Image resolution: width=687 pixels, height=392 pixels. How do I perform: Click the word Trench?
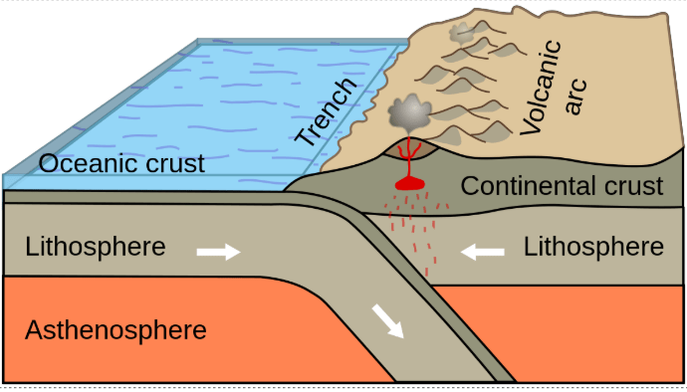(x=326, y=112)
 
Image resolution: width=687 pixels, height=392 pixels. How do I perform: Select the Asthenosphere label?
(x=115, y=329)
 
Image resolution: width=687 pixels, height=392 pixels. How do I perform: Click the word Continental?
(x=529, y=186)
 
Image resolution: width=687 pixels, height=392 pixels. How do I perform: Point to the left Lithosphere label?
(x=96, y=246)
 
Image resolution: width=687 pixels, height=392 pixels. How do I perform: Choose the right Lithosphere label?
(x=593, y=247)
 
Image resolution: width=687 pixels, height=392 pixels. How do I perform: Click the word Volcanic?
(x=541, y=88)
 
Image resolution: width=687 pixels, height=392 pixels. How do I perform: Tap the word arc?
(x=575, y=97)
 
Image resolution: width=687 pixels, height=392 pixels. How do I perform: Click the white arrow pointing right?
(x=219, y=252)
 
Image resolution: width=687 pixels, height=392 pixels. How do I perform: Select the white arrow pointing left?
(x=482, y=252)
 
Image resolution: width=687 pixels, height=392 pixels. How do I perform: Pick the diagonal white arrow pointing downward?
(x=387, y=322)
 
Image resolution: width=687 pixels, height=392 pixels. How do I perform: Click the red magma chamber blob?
(x=410, y=184)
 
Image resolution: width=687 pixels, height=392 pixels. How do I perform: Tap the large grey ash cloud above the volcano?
(x=409, y=111)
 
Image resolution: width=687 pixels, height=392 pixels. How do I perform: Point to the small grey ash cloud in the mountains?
(x=462, y=33)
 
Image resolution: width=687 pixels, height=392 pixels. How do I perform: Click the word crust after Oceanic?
(x=175, y=163)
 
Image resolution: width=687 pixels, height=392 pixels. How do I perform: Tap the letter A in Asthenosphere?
(x=35, y=329)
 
